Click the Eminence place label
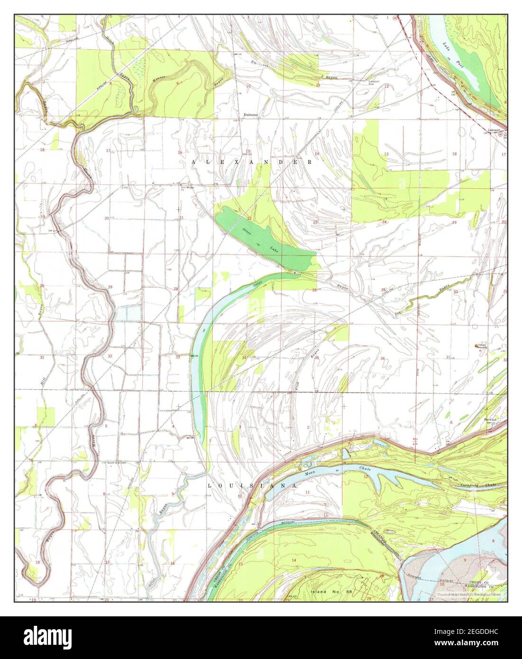250,114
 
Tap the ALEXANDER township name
252,162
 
